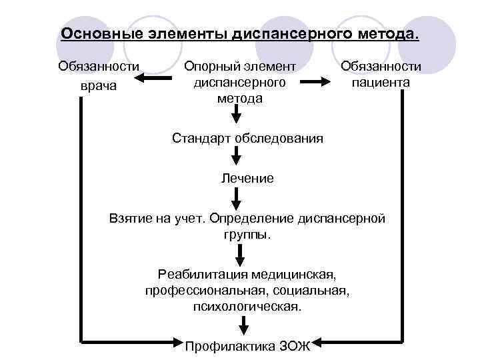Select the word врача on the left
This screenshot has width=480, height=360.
click(x=98, y=86)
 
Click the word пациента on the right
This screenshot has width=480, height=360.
click(x=381, y=83)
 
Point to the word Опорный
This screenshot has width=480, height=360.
click(x=211, y=66)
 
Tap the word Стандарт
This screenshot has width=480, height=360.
click(x=199, y=139)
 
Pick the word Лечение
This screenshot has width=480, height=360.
click(x=247, y=178)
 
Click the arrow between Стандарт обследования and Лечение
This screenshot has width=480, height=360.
click(x=236, y=158)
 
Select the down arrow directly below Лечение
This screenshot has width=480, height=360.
click(x=236, y=198)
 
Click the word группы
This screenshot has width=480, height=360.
click(x=247, y=235)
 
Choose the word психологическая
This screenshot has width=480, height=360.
click(x=247, y=307)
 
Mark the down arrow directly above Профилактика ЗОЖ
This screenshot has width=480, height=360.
click(x=245, y=326)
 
